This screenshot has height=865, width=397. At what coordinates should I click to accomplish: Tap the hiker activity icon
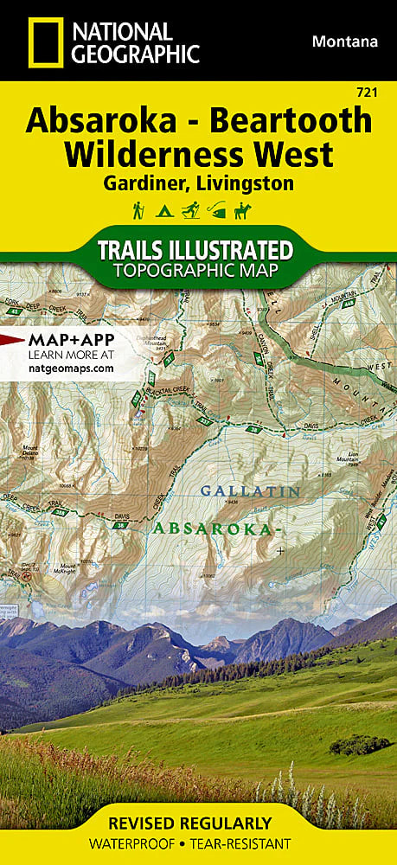point(138,210)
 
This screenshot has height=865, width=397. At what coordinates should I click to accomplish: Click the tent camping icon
point(162,210)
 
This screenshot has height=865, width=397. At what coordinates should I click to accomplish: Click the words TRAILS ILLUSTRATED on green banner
point(195,250)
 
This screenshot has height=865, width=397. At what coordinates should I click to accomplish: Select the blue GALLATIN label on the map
point(250,491)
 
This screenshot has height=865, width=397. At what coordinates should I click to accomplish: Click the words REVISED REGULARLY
point(199,823)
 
